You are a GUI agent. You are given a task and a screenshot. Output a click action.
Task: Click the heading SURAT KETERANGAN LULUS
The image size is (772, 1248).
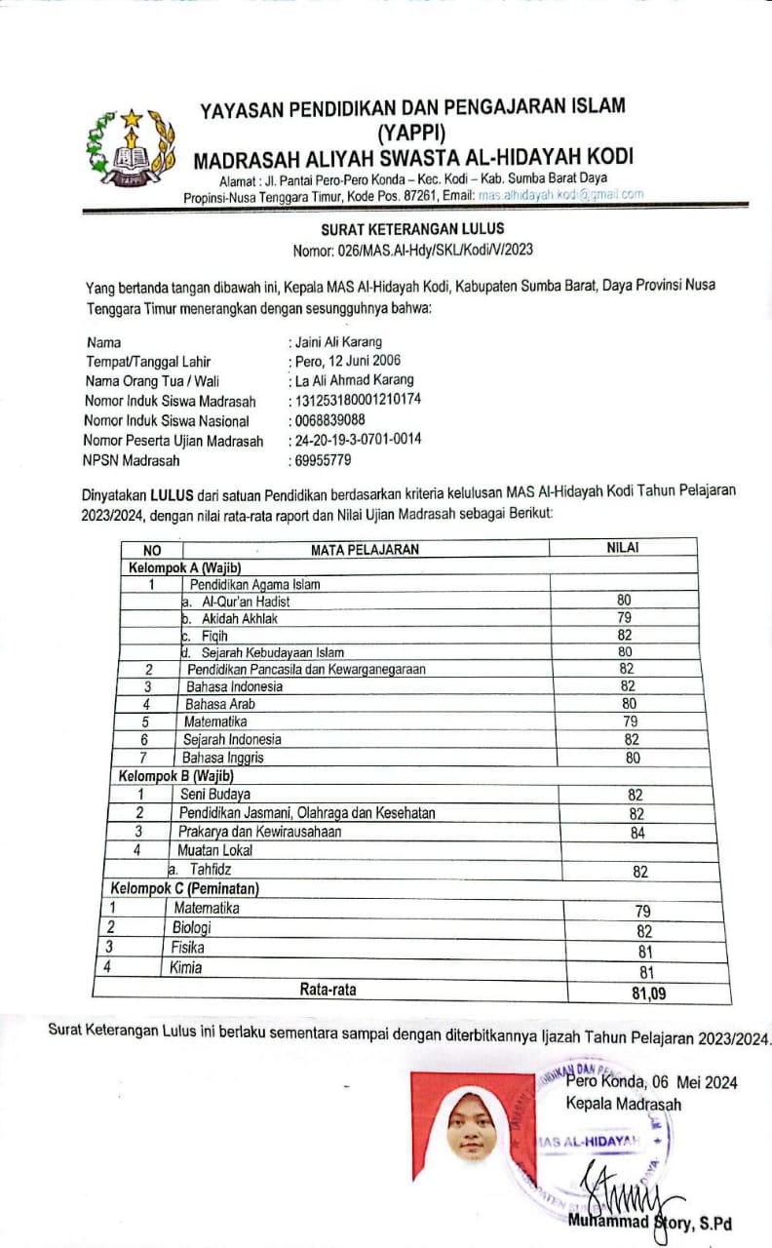click(412, 229)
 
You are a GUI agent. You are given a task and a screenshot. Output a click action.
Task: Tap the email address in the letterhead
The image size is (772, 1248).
click(560, 195)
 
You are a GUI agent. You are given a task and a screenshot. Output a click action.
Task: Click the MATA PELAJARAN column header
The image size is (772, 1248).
click(365, 549)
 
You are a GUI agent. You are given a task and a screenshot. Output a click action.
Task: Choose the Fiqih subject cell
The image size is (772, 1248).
click(213, 635)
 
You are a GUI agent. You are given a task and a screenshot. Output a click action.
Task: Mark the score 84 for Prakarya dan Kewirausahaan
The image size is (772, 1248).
click(637, 834)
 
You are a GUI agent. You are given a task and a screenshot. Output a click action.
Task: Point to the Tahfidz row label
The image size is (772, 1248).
click(210, 868)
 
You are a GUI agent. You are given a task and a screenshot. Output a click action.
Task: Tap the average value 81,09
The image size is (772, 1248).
click(639, 994)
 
